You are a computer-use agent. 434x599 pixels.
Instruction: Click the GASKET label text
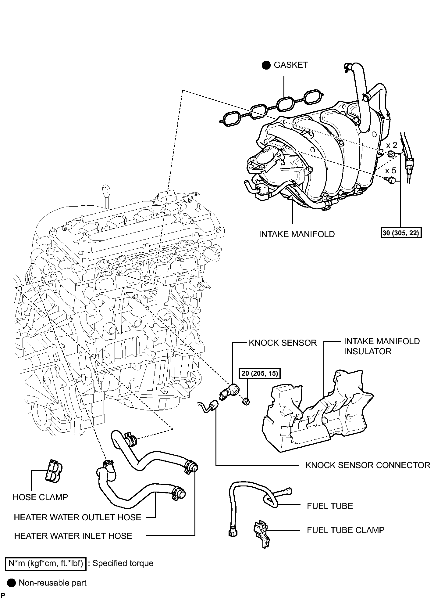[x=291, y=65]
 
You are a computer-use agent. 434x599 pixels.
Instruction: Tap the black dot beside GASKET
[x=266, y=65]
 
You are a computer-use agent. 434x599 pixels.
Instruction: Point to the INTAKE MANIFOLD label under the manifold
[x=297, y=234]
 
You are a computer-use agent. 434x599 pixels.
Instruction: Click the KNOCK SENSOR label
[x=283, y=343]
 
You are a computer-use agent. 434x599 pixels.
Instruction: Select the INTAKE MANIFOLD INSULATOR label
[x=382, y=346]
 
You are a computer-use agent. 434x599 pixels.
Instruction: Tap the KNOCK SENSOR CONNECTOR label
[x=368, y=465]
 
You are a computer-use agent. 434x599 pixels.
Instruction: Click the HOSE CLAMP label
[x=40, y=497]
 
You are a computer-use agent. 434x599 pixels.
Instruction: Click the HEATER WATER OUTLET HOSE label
[x=78, y=517]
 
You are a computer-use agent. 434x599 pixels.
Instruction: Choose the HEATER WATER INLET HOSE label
[x=73, y=536]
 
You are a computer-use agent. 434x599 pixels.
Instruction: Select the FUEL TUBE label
[x=330, y=506]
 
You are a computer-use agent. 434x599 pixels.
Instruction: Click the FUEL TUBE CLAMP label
[x=346, y=530]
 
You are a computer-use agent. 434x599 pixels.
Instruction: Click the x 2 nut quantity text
[x=392, y=145]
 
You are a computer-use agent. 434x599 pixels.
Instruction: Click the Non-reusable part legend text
[x=52, y=583]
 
